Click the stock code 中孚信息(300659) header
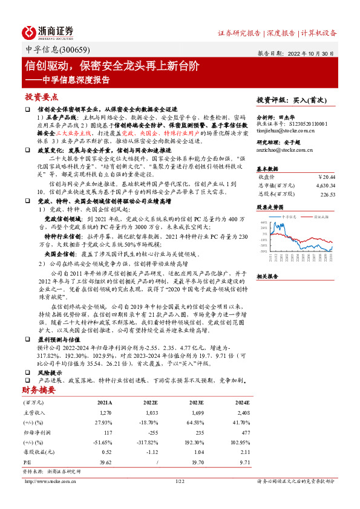click(x=52, y=50)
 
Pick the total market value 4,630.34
click(x=323, y=186)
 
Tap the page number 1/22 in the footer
click(x=180, y=481)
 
